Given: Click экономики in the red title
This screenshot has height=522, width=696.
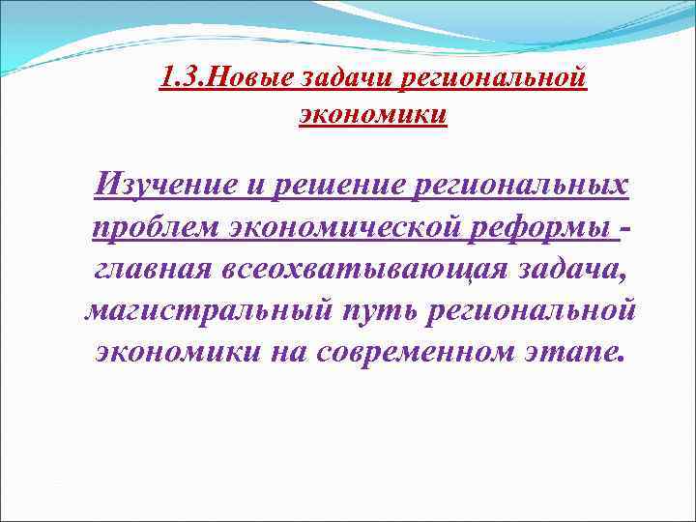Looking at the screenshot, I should point(373,114).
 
